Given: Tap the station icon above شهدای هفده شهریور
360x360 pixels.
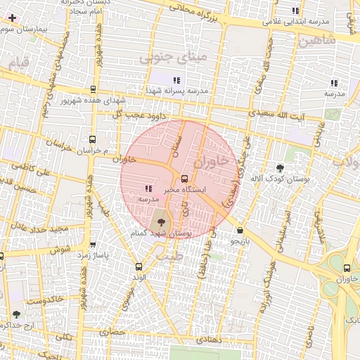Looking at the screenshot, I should pos(93,89).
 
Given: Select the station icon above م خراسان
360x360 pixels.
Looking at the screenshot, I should pos(92,139).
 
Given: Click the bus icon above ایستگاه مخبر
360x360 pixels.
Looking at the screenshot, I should pos(184,179).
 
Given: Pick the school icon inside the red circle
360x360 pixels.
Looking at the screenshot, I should pos(148,188).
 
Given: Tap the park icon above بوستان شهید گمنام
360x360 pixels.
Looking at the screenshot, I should pos(157,221).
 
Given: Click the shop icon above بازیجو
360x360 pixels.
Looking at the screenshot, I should pos(240,230).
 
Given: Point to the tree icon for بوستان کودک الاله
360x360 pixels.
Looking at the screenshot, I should pos(280,168).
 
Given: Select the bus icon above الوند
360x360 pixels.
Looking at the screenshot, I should pos(138,266).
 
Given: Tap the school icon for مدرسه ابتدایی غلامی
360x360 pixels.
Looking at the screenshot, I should pos(295,11).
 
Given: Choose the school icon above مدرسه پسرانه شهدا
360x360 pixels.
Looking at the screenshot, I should pos(176,80).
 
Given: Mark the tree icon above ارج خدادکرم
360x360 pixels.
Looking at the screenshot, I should pos(16,314).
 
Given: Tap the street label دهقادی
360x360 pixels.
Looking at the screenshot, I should pos(209,339).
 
